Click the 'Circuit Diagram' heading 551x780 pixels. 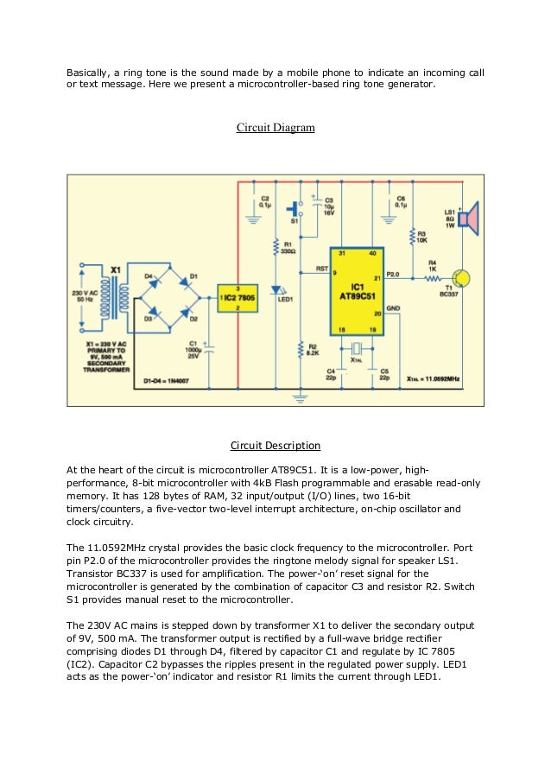(x=275, y=129)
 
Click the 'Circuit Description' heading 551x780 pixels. (x=275, y=446)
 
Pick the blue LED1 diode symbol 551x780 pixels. (x=276, y=290)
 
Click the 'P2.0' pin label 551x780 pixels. (x=394, y=274)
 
